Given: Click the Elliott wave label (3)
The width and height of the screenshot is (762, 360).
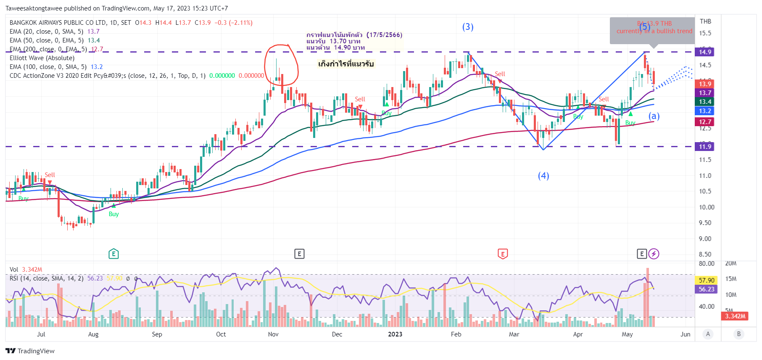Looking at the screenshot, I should (468, 27).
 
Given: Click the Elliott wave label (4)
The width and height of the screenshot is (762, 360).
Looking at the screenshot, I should (543, 176).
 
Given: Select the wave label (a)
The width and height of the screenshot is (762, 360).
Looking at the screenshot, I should (654, 116).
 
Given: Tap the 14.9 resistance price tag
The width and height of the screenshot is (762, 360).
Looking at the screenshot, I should (705, 52).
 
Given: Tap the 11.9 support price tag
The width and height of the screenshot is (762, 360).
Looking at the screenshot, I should (705, 147).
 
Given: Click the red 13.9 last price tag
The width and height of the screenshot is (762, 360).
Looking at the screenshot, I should (705, 84).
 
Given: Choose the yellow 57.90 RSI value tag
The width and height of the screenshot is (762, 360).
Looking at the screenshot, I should (706, 280).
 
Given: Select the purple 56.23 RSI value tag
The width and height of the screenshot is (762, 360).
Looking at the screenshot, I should (706, 289).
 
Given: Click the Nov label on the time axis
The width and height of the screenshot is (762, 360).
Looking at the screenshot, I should (273, 334).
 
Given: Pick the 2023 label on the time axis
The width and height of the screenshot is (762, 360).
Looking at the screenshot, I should (395, 334).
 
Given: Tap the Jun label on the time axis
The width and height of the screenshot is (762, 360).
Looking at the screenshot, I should (686, 334).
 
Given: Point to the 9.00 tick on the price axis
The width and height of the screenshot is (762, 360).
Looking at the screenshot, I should (705, 239).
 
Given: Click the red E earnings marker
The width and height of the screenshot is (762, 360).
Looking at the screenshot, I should (503, 254).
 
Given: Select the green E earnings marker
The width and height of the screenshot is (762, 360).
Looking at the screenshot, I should (113, 254).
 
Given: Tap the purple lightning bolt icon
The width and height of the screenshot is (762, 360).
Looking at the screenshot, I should (654, 254).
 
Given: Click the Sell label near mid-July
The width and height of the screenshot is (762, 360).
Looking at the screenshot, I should (50, 175).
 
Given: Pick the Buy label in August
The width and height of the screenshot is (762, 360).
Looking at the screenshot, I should (113, 214).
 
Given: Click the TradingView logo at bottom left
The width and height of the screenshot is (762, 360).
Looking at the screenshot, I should (30, 351).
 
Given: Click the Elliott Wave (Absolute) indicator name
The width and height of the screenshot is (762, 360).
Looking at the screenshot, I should (42, 58).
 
